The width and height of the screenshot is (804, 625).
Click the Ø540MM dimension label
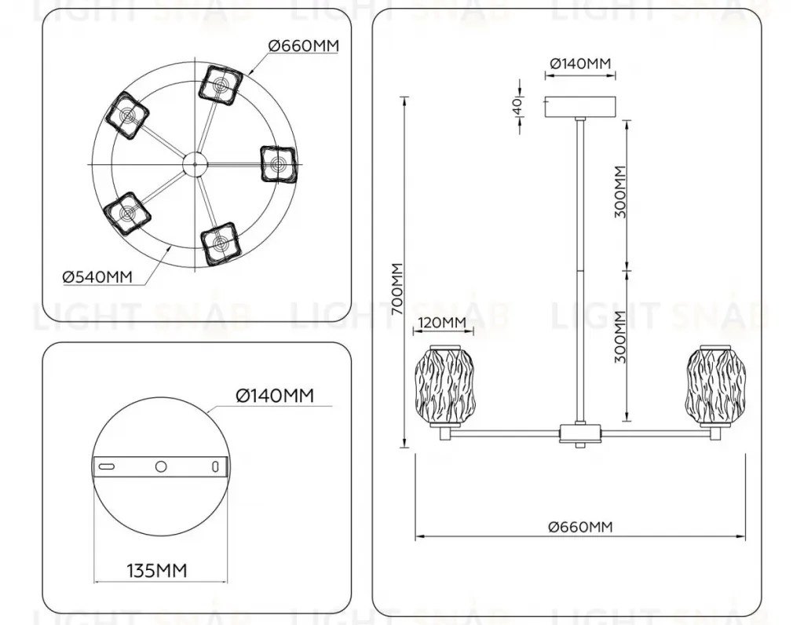click(97, 277)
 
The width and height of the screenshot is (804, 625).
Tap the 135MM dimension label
click(157, 570)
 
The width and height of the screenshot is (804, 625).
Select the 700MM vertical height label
click(397, 289)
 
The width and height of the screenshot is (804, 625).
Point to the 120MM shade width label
click(443, 323)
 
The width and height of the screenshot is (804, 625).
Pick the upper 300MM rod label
click(620, 192)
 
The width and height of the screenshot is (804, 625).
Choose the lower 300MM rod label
click(620, 338)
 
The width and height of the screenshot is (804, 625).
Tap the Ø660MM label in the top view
click(304, 46)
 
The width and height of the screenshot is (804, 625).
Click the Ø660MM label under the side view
click(580, 527)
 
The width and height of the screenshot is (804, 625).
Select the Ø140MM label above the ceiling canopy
click(580, 64)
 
